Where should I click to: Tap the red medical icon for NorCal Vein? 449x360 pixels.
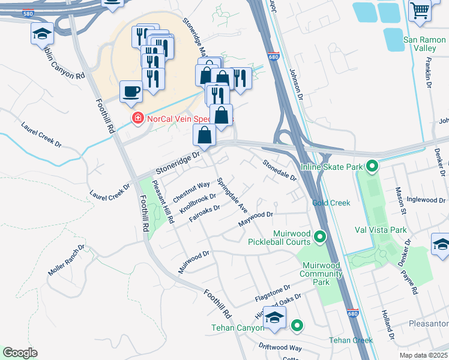click(138, 117)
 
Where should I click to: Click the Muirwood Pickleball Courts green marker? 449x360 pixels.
click(321, 237)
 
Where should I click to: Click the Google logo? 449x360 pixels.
click(20, 353)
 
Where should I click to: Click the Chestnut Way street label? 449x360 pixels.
click(191, 191)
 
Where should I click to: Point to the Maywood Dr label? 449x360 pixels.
click(255, 218)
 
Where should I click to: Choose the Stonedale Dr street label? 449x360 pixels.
click(280, 170)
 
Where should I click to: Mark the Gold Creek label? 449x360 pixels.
click(331, 203)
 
